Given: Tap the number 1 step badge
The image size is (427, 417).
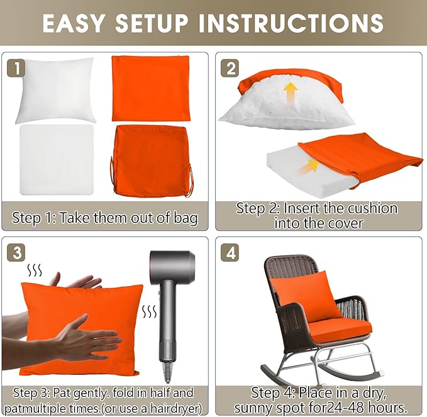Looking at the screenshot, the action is point(16,68).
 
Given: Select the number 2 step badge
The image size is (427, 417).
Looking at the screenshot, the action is point(230,68).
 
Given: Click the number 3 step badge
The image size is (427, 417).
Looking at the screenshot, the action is point(16,252).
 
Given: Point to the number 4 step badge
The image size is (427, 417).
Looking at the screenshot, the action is point(230,252).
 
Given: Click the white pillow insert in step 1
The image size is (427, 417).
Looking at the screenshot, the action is point(56,91).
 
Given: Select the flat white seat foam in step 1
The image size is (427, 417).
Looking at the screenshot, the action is point(57,160).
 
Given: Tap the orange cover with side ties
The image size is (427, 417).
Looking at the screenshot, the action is point(152,161).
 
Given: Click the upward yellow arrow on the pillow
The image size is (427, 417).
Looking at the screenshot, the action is point(291,94).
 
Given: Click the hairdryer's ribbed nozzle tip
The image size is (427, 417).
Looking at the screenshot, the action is point(167,372).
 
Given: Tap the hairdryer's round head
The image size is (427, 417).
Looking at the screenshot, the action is point(172,266).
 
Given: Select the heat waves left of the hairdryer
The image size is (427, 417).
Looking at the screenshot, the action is point(150,311).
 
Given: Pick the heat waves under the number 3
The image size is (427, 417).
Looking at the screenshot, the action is point(35,270).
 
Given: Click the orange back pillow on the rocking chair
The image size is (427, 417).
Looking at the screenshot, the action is point(306,296).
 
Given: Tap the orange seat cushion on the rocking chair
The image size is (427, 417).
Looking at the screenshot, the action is point(340,331).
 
